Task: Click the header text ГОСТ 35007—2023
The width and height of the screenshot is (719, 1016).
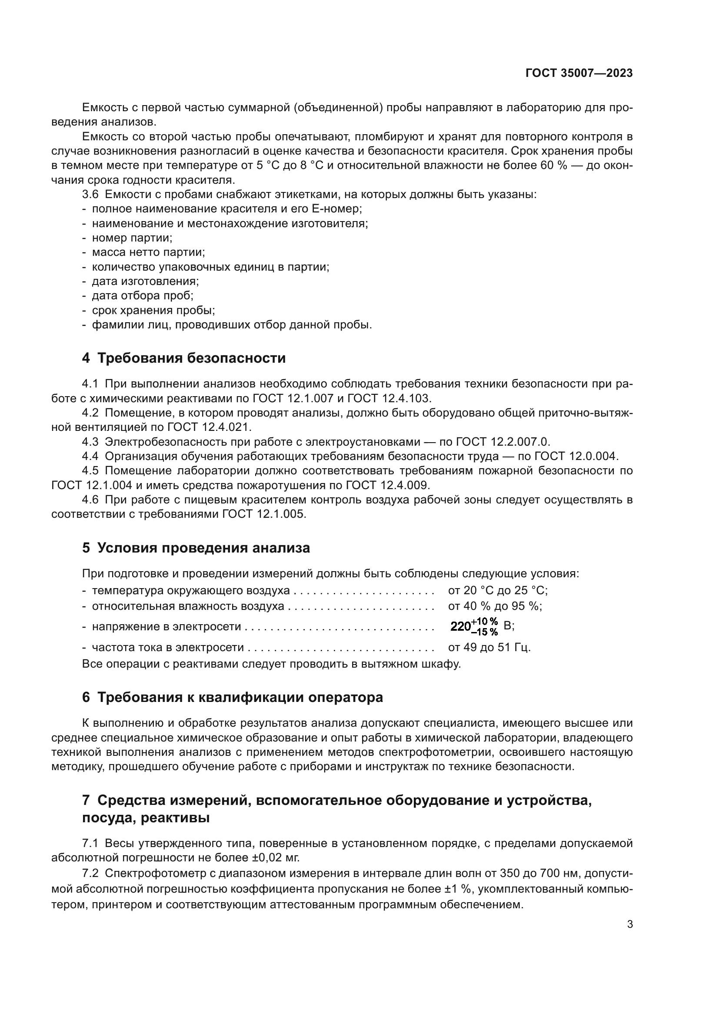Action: coord(579,73)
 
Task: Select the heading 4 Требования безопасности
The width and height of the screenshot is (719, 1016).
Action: coord(184,358)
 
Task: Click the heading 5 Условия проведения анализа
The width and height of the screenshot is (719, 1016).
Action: coord(196,548)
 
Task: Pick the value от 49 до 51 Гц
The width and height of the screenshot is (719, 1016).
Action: coord(489,647)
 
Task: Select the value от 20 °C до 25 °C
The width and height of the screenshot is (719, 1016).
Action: coord(498,590)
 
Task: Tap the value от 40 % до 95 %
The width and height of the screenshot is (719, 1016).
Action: coord(495,606)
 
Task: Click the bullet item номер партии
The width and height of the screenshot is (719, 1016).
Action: coord(132,238)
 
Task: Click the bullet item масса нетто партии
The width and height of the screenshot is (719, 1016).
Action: coord(148,253)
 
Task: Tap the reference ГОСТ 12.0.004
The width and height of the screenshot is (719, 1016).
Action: coord(576,456)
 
